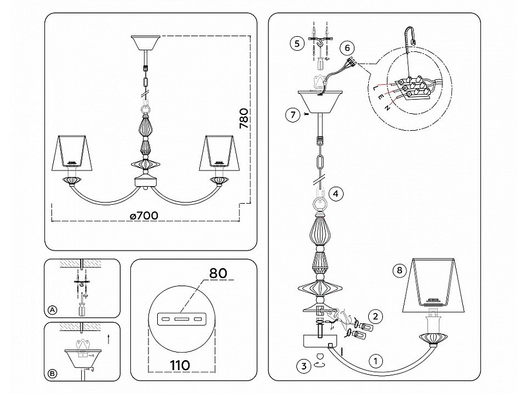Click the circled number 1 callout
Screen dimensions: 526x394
[376, 361]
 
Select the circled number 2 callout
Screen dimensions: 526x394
[375, 316]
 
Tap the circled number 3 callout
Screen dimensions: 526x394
[304, 366]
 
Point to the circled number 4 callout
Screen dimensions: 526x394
[337, 193]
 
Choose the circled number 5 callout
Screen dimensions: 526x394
[297, 44]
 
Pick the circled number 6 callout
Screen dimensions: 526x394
[347, 48]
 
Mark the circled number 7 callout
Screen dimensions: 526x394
[293, 115]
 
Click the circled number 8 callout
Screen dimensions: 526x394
[399, 270]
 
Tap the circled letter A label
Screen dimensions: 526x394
[53, 311]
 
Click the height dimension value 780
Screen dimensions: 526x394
[244, 118]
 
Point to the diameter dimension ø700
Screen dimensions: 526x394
[144, 215]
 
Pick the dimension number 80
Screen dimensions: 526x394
[218, 273]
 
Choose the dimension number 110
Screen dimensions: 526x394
[180, 365]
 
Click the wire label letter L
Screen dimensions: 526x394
[375, 88]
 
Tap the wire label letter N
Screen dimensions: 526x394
[387, 108]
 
